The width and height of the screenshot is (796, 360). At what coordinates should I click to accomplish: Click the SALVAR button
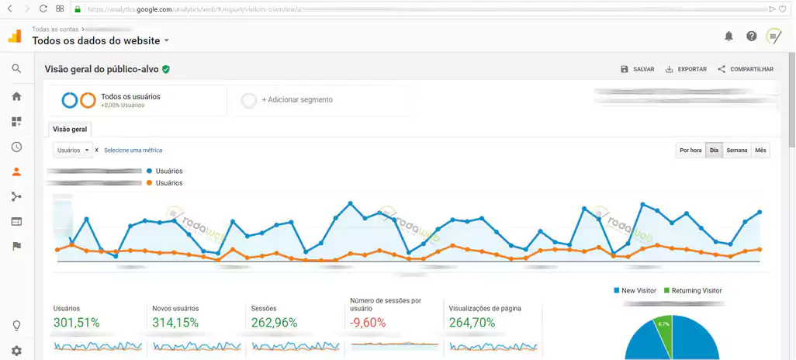click(638, 69)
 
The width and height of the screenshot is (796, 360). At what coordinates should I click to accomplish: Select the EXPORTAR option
click(686, 69)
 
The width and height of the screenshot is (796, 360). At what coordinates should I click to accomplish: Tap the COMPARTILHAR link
click(746, 69)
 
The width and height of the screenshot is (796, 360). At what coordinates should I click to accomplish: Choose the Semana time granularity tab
click(737, 151)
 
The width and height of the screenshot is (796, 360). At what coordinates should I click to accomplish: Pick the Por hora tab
click(690, 151)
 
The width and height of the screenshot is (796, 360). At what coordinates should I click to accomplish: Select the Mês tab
click(760, 151)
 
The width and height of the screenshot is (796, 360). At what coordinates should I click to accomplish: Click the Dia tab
click(715, 151)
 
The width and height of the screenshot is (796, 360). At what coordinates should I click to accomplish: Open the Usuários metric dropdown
click(74, 150)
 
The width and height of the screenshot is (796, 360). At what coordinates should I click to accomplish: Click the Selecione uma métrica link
click(133, 150)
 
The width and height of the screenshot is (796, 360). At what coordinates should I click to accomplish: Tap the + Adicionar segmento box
click(321, 100)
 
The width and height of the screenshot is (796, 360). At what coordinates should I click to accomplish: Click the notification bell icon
click(729, 36)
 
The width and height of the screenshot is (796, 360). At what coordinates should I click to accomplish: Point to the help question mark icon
click(751, 36)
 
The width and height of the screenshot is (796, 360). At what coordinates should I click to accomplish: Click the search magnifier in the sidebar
click(16, 68)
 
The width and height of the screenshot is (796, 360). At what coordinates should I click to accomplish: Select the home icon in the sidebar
click(16, 96)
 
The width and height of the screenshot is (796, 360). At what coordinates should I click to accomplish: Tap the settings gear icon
click(16, 351)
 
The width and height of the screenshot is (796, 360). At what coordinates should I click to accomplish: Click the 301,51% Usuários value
click(77, 323)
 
